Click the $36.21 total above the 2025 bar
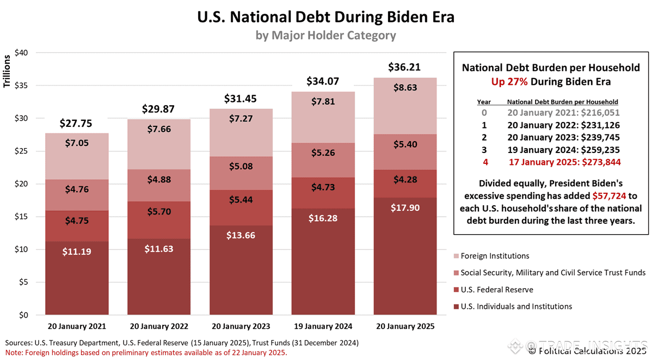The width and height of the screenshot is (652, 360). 405,67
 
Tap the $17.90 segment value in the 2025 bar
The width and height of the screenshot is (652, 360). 405,208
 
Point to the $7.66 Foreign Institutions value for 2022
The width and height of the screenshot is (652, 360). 159,129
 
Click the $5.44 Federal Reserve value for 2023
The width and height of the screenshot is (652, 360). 241,200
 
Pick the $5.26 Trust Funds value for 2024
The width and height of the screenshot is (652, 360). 323,153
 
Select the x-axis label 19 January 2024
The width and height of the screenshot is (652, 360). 323,327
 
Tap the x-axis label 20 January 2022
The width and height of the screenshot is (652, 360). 159,327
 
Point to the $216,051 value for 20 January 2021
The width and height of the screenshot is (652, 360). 601,113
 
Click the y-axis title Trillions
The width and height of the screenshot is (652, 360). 8,71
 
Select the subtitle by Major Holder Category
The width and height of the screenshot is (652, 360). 325,35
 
